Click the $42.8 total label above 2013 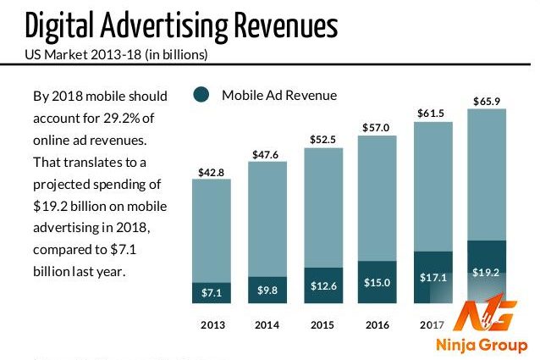[x=211, y=173]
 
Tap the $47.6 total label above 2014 [x=267, y=155]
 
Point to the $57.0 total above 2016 [x=377, y=128]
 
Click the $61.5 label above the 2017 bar [x=432, y=113]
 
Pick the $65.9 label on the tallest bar [x=487, y=102]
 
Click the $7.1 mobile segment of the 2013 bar [x=212, y=292]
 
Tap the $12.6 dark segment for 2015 [x=322, y=285]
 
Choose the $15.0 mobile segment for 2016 [x=377, y=282]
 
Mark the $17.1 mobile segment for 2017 [x=432, y=277]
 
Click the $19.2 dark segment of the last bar [x=487, y=273]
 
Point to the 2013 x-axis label [x=212, y=324]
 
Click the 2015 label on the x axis [x=322, y=324]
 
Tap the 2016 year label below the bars [x=377, y=324]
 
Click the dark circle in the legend [x=201, y=95]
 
